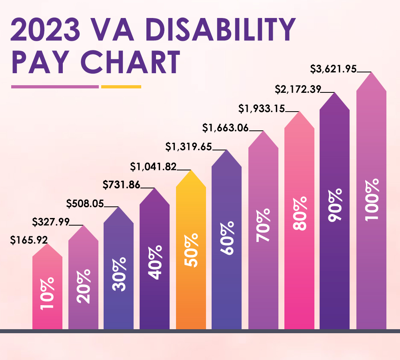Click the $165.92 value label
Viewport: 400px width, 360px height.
pyautogui.click(x=29, y=240)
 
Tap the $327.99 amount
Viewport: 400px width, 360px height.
pyautogui.click(x=50, y=221)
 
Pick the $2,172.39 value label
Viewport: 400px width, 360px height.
pyautogui.click(x=298, y=89)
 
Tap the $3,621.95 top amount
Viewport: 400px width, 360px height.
pyautogui.click(x=333, y=69)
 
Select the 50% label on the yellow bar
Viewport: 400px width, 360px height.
pyautogui.click(x=191, y=251)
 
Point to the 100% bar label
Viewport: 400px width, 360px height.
pyautogui.click(x=371, y=199)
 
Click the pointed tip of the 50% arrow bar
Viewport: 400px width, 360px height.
pyautogui.click(x=191, y=171)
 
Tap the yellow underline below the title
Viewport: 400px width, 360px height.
pyautogui.click(x=121, y=86)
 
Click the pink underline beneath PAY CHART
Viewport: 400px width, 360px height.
pyautogui.click(x=55, y=86)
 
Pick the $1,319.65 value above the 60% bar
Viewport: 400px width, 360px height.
pyautogui.click(x=189, y=147)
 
